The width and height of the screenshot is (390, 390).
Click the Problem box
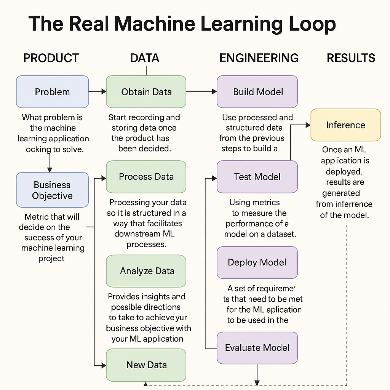click(x=53, y=92)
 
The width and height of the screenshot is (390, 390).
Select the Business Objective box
click(x=52, y=190)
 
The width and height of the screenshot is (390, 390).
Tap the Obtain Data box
click(x=146, y=92)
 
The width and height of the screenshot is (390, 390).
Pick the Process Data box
click(x=146, y=177)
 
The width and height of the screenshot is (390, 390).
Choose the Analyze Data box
click(x=146, y=271)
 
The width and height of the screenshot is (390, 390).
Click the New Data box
click(x=146, y=364)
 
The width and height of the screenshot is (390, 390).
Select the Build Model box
click(x=257, y=92)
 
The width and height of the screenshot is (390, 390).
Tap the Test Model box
click(x=257, y=177)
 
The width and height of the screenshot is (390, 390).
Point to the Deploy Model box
click(x=257, y=262)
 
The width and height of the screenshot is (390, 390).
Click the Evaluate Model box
click(x=257, y=348)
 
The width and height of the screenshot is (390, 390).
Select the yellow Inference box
click(x=345, y=125)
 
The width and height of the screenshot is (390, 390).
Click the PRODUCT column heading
click(x=51, y=58)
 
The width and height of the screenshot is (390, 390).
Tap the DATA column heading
click(x=145, y=58)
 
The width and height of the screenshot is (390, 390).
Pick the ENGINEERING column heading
click(x=259, y=58)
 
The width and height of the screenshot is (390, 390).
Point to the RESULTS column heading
click(x=351, y=58)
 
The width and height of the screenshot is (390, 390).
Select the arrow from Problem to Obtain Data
click(x=97, y=91)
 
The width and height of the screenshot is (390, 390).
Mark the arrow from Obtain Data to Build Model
click(x=201, y=91)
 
